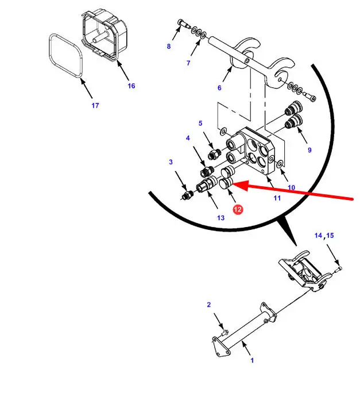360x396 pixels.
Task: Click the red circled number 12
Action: (x=237, y=210)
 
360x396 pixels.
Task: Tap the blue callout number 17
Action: (x=95, y=106)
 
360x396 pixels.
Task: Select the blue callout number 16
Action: (x=131, y=86)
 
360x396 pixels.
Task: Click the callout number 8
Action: (x=169, y=46)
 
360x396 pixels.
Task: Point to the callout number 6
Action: (x=219, y=88)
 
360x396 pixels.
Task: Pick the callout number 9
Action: (x=309, y=150)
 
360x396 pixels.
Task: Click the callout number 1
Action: (x=252, y=360)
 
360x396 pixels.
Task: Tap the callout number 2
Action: (x=208, y=305)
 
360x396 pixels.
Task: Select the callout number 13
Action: (x=220, y=218)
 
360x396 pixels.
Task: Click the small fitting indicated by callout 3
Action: (x=187, y=195)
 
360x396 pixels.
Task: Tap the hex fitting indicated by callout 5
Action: (x=214, y=154)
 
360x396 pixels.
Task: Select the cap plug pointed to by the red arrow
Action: (x=226, y=183)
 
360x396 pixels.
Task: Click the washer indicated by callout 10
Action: (x=280, y=164)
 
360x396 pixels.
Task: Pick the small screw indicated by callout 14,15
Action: (x=338, y=270)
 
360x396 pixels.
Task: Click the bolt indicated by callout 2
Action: (x=224, y=333)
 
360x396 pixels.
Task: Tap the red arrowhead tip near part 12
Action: (x=232, y=185)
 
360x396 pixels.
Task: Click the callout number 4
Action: (x=188, y=138)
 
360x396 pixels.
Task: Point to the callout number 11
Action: (x=277, y=198)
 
